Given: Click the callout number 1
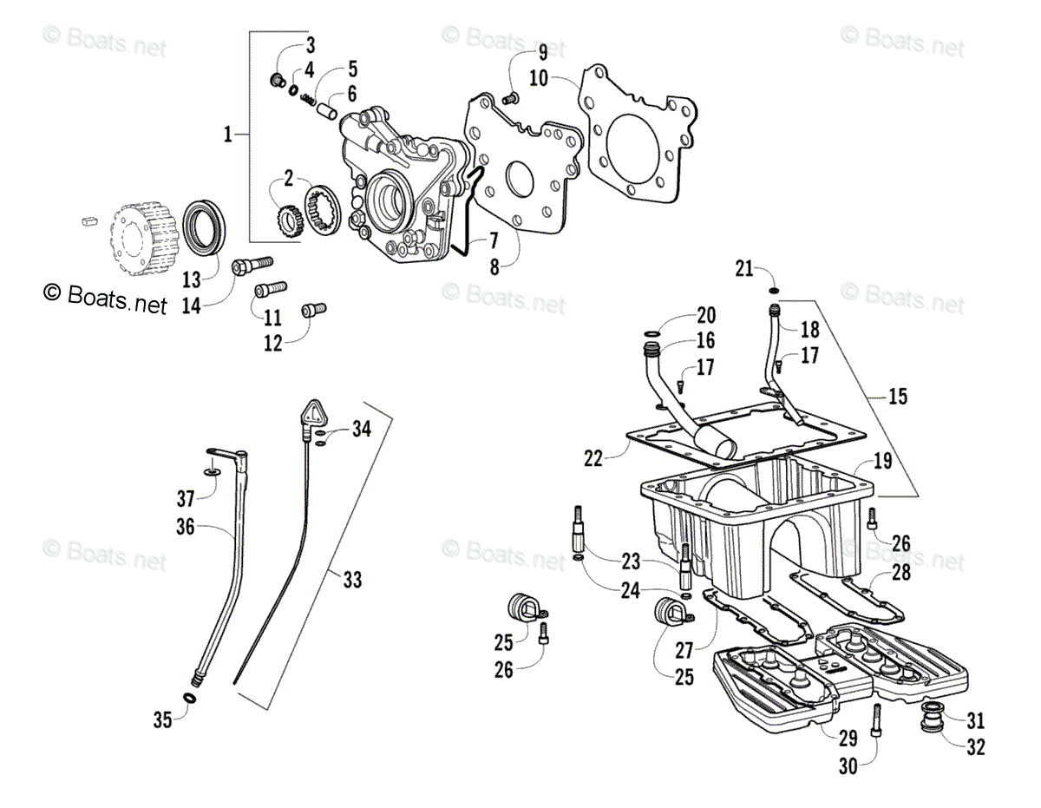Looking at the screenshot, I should [227, 135].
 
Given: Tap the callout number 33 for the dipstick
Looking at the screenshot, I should [351, 580].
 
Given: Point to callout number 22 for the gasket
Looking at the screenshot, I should [593, 458].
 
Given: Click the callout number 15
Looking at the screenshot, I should [897, 397].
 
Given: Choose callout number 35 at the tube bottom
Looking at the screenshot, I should [162, 718].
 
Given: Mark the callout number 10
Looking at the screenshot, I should [538, 78].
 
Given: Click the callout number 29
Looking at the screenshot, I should [848, 738].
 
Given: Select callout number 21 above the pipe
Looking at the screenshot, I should [743, 267].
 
